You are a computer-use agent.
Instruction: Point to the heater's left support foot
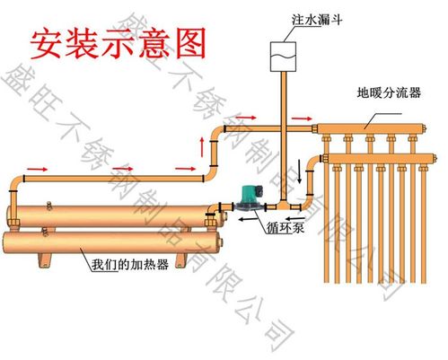click(x=44, y=261)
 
